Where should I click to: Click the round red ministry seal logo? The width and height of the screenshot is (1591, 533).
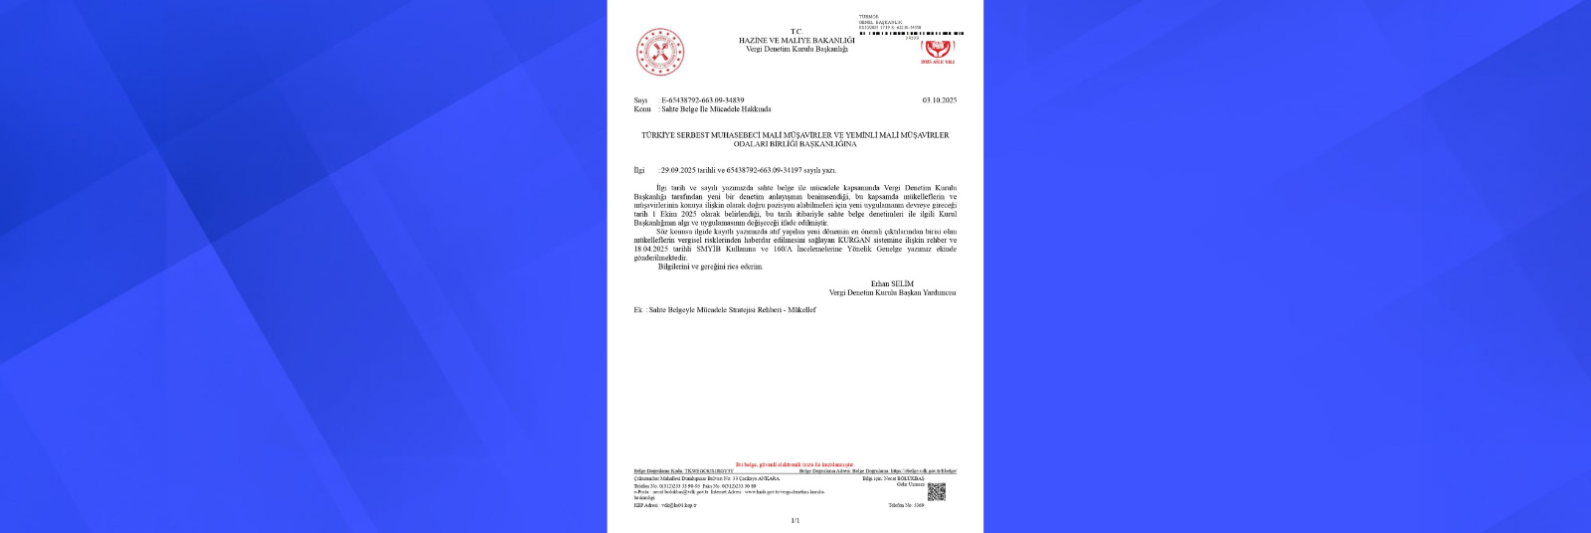tap(660, 52)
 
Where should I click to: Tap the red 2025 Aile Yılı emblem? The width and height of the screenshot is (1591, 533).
tap(937, 51)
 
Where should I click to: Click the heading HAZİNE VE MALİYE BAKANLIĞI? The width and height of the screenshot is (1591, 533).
tap(795, 40)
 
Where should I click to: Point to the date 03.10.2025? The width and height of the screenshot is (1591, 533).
tap(939, 100)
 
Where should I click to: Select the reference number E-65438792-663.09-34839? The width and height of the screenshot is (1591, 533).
tap(702, 100)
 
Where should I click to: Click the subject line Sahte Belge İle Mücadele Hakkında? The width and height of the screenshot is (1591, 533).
tap(716, 109)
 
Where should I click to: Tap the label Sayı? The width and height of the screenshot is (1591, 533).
tap(640, 100)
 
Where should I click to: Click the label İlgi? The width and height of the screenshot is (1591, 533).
tap(639, 170)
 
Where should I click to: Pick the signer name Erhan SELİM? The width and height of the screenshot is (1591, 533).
tap(892, 283)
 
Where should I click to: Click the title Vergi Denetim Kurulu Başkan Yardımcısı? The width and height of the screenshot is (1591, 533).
tap(892, 292)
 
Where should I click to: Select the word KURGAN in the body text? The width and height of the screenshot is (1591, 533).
tap(853, 241)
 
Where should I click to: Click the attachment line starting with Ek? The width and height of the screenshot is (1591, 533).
tap(724, 310)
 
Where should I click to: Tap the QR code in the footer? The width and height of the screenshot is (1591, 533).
tap(936, 491)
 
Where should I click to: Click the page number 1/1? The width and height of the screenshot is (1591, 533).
tap(795, 520)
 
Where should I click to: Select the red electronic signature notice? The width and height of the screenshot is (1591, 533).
tap(795, 464)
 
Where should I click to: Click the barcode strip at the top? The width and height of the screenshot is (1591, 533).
tap(911, 33)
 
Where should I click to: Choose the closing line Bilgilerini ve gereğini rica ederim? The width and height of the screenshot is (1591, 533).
tap(710, 266)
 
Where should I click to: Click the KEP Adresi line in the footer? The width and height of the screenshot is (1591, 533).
tap(665, 505)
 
